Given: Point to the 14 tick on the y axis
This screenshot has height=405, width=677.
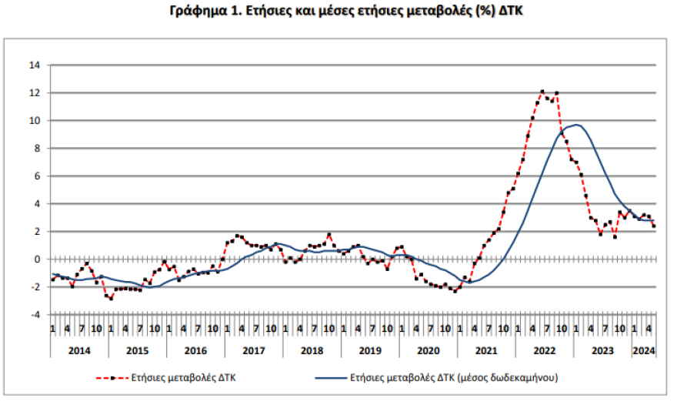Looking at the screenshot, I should [35, 65].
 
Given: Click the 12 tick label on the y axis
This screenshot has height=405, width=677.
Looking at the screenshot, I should [35, 93].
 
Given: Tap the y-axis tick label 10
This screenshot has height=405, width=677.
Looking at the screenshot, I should [35, 121].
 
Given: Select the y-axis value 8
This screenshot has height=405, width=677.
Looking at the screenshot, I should [36, 149].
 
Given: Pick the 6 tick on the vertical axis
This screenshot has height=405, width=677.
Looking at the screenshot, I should [36, 176].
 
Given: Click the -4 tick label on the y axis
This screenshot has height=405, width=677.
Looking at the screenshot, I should [35, 315].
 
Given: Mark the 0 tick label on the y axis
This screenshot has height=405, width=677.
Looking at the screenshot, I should [36, 259].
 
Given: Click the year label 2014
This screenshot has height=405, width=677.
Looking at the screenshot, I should [79, 351].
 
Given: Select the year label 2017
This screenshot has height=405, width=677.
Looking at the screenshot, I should [253, 351].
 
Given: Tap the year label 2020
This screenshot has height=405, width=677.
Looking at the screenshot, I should [428, 351].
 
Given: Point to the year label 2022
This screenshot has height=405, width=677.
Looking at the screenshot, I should [544, 351].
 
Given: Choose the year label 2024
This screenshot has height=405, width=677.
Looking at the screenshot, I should [643, 351].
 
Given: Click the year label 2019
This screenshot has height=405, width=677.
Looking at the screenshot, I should [369, 351].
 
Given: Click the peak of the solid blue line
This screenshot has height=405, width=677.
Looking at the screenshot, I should [576, 125].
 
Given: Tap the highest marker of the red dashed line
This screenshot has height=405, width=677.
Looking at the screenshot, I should [542, 92].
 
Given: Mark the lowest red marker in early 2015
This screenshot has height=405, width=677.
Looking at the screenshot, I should [111, 298].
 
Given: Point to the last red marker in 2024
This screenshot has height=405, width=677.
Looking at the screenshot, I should [653, 226].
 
